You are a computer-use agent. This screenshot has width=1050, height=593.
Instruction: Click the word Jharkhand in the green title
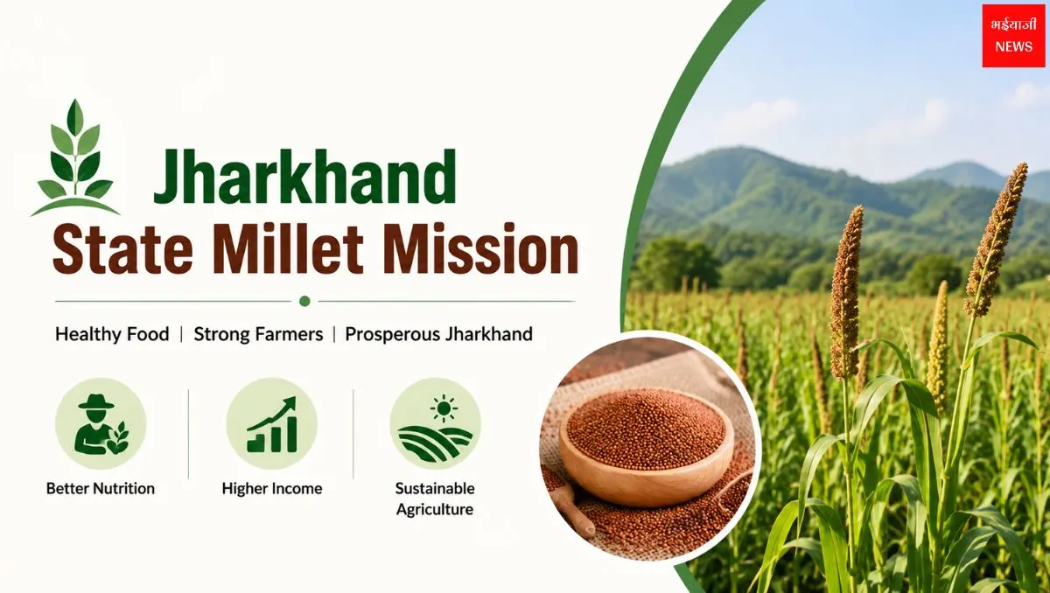point(304,177)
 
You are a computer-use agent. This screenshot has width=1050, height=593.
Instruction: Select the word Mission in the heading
point(481,248)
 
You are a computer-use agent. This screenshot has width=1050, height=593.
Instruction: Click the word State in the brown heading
point(122,248)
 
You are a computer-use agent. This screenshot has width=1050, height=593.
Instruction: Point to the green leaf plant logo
point(75,158)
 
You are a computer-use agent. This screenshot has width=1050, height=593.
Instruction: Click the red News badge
point(1013,36)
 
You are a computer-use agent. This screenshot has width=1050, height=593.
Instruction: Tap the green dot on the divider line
point(304,301)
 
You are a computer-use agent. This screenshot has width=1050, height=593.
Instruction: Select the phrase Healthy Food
point(112,334)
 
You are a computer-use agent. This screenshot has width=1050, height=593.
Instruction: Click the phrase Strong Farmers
point(258,334)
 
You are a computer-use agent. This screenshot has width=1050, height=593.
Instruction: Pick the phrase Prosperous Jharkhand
point(438,334)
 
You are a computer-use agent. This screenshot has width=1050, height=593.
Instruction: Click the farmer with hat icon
point(101,424)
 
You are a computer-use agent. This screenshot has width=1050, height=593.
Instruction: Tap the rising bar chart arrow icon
point(272,424)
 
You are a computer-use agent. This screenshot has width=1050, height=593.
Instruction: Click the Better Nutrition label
point(101,489)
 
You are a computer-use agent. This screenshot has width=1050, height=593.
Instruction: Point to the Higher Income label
point(272,489)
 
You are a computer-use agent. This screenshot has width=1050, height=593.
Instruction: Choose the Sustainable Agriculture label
point(435,499)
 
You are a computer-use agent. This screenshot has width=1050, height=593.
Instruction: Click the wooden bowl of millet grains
point(647,449)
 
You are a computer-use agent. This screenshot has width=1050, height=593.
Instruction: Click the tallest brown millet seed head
point(996,239)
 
